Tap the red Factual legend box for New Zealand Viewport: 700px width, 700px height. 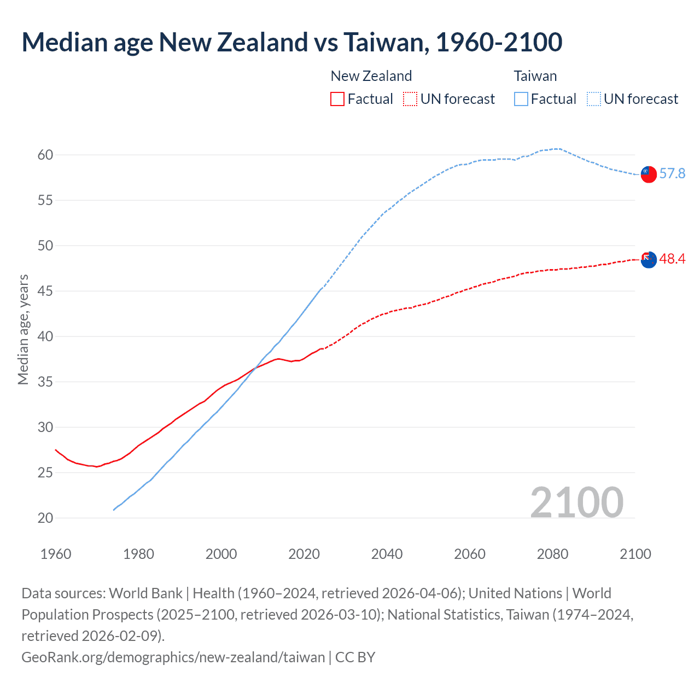coord(337,99)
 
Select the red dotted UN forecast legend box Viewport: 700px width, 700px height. coord(410,99)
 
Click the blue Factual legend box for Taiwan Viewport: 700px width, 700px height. coord(521,99)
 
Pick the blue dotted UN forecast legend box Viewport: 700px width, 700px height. coord(594,99)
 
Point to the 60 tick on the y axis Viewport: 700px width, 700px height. coord(45,155)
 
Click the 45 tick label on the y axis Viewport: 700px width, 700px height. coord(45,291)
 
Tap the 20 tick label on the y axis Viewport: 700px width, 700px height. coord(45,518)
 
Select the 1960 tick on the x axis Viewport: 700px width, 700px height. coord(56,554)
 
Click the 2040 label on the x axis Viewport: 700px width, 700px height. coord(387,554)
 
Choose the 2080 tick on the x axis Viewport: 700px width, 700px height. coord(552,554)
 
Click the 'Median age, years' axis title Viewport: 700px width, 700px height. coord(23,330)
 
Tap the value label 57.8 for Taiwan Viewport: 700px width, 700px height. coord(672,174)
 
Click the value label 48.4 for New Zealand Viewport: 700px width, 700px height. coord(672,259)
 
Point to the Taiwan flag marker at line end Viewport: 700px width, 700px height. coord(648,174)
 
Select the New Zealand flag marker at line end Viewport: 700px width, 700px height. coord(648,260)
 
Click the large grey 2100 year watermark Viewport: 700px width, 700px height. coord(576,503)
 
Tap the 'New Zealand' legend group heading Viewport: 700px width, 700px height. coord(371,76)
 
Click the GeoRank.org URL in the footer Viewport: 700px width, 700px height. coord(173,657)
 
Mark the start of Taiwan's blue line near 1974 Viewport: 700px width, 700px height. coord(114,510)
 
